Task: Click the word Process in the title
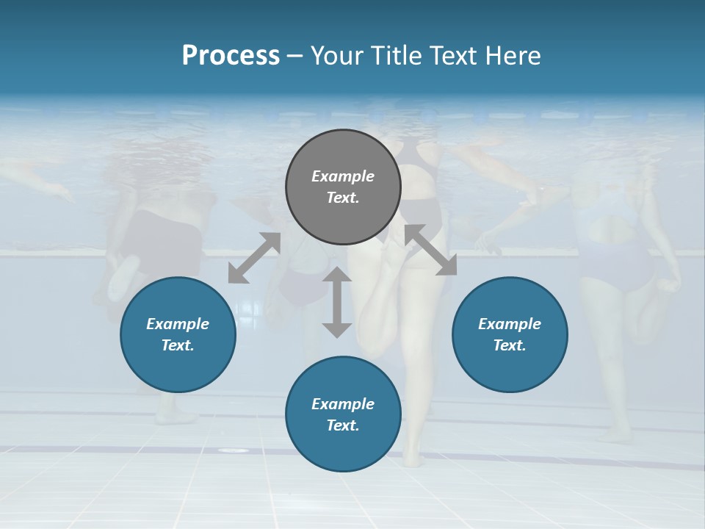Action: click(231, 56)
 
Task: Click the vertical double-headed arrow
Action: click(337, 302)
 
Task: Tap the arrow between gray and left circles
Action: click(254, 258)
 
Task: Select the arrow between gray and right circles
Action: click(430, 250)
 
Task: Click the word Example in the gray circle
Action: click(343, 176)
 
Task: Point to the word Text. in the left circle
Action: click(178, 345)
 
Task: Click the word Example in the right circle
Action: click(510, 324)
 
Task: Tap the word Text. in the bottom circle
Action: click(343, 425)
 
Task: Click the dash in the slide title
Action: click(295, 56)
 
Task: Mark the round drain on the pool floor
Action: click(234, 450)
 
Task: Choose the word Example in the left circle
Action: click(178, 324)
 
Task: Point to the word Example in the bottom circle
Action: click(343, 404)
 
